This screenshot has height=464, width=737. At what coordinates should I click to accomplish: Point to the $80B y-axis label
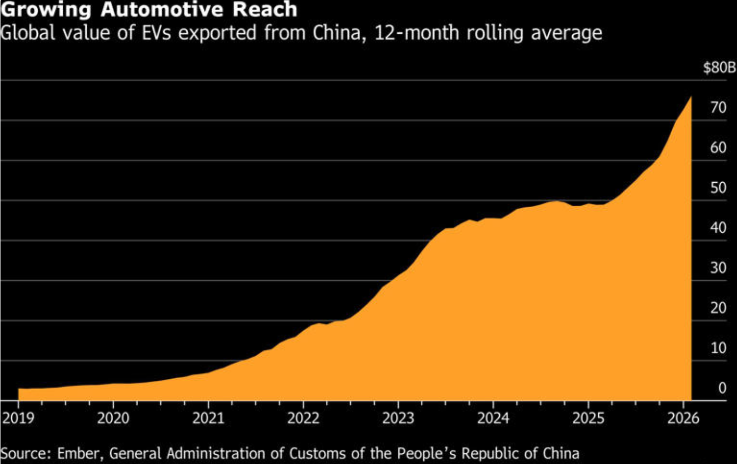719,67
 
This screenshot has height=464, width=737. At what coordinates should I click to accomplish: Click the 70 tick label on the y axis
718,108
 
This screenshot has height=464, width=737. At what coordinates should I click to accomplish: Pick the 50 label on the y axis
718,188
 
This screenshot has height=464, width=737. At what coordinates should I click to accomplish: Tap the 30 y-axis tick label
718,268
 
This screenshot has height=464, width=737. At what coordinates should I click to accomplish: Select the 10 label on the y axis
718,348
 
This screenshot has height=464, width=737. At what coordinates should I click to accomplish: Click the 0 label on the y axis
722,388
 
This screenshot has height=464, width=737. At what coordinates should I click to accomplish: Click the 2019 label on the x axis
18,419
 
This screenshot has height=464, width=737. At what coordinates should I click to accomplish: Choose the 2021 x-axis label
208,419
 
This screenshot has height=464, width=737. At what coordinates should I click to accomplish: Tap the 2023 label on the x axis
398,419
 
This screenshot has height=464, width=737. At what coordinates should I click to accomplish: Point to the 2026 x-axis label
683,419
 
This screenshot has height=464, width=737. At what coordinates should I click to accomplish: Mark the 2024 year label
493,419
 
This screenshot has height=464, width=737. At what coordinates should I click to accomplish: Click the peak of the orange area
691,97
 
